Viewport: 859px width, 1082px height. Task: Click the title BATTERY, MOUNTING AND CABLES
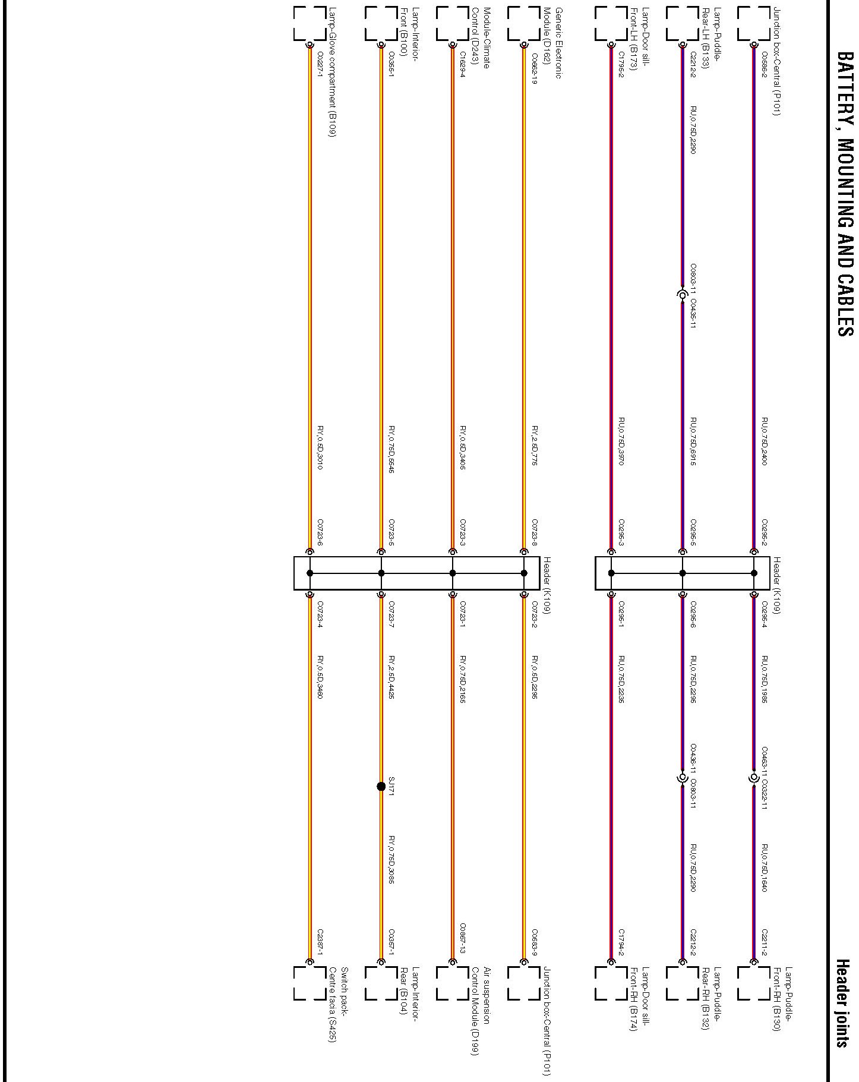coord(845,194)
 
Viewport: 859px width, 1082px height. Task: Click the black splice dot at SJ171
coord(381,787)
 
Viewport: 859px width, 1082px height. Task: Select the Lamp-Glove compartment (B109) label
coord(333,72)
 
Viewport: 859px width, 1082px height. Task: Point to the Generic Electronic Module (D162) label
coord(552,43)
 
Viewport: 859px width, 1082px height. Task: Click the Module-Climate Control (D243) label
coord(481,39)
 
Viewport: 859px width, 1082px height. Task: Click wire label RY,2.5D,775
coord(534,446)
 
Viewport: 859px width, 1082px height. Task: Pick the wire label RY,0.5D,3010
coord(320,447)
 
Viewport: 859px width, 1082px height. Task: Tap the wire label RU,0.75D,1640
coord(765,868)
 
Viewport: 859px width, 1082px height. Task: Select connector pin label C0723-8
coord(534,532)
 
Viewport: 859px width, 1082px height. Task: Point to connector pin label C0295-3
coord(621,532)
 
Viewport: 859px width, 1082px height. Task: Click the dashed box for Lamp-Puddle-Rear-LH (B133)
coord(683,24)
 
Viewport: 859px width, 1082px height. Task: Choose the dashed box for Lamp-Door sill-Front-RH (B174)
coord(611,983)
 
